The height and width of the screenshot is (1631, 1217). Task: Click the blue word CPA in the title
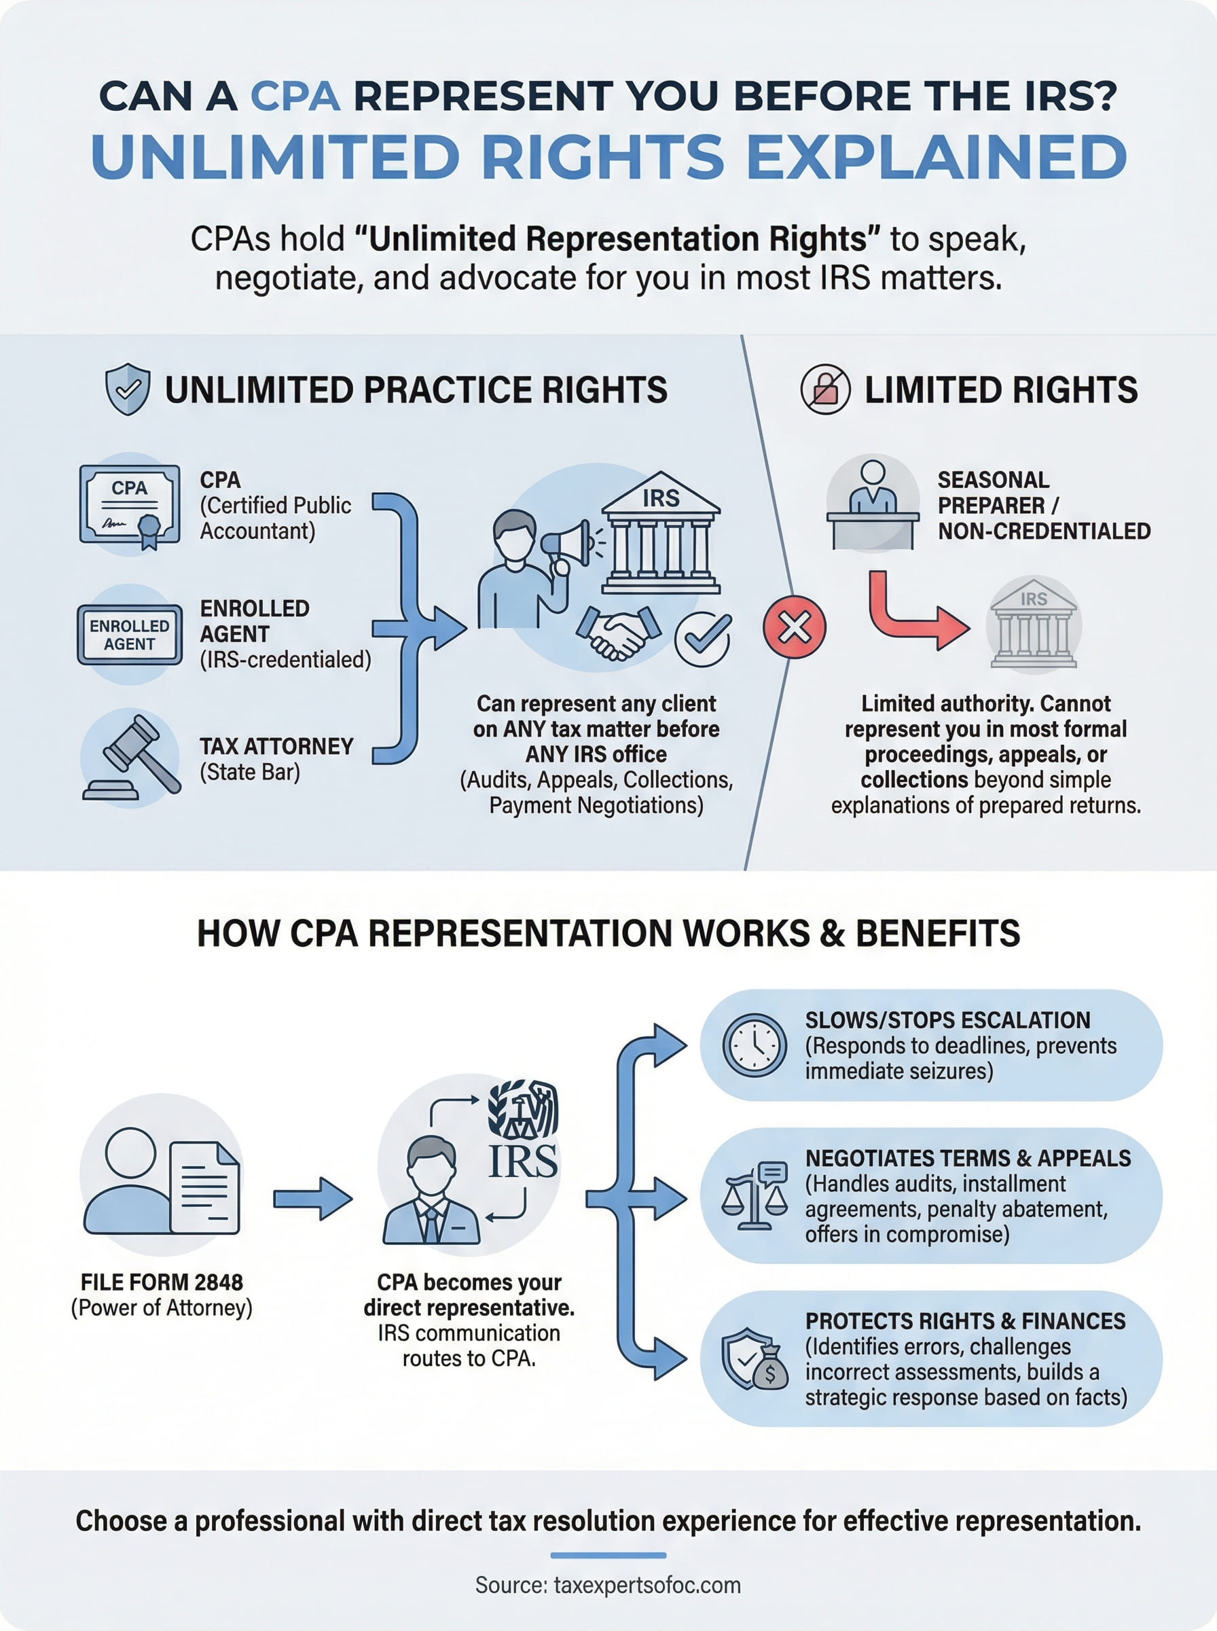tap(295, 96)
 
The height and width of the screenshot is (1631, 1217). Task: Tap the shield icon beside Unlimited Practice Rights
tap(128, 389)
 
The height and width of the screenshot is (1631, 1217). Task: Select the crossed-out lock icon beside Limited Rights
tap(825, 389)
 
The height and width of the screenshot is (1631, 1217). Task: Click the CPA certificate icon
tap(130, 505)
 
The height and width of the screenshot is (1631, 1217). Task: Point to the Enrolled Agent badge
tap(130, 635)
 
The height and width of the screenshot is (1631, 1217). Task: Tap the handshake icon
tap(618, 631)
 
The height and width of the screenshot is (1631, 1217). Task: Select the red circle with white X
tap(794, 627)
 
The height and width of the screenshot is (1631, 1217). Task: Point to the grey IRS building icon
tap(1033, 625)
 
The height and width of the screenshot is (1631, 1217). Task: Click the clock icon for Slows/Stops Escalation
tap(755, 1045)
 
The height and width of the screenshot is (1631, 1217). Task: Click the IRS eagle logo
tap(523, 1110)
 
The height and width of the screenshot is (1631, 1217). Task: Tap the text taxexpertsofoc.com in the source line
tap(647, 1585)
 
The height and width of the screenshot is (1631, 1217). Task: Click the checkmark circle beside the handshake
tap(703, 639)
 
